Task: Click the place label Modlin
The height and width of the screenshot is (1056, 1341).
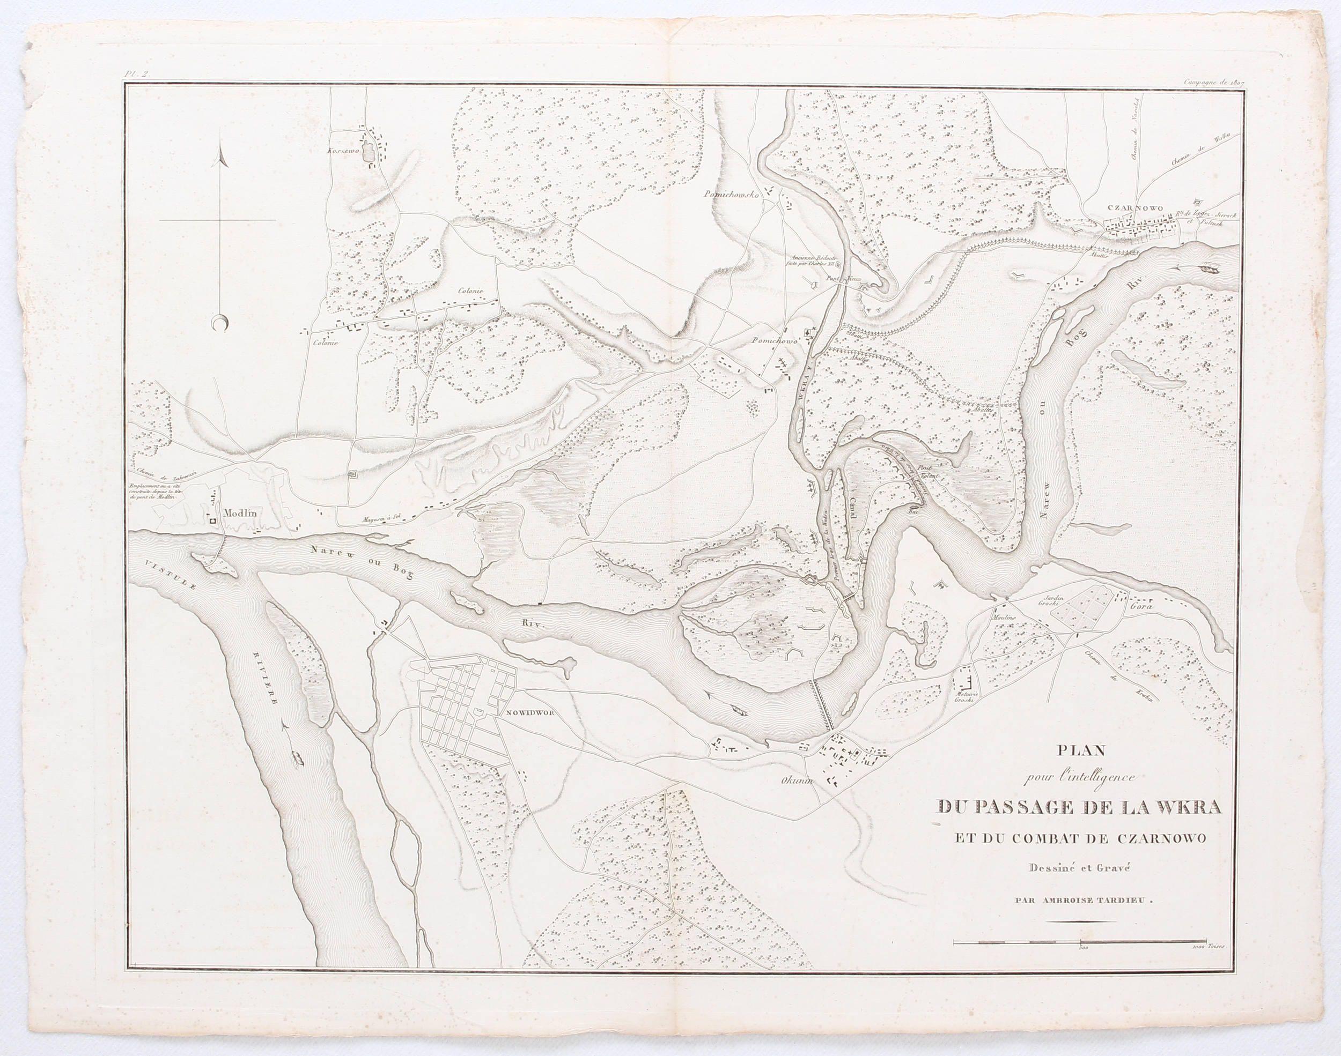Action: pyautogui.click(x=240, y=512)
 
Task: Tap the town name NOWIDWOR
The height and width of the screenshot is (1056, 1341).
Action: pyautogui.click(x=533, y=712)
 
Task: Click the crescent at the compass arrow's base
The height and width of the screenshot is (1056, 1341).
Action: pyautogui.click(x=218, y=323)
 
